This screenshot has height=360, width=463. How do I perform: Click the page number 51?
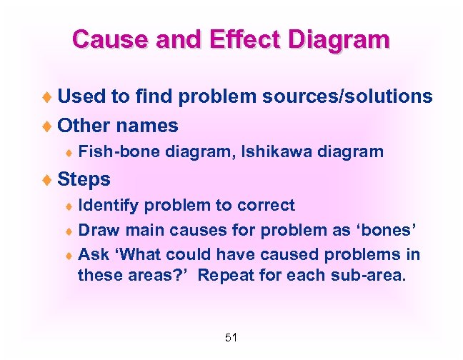231,337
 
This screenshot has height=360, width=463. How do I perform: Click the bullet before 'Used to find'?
49,96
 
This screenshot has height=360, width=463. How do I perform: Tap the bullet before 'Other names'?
49,126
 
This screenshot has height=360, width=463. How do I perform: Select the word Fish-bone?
119,151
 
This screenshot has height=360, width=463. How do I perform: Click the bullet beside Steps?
49,179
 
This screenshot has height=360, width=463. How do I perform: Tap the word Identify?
109,206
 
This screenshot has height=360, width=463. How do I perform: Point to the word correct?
267,206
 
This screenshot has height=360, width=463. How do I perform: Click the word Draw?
98,230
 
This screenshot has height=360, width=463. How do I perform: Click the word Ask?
92,254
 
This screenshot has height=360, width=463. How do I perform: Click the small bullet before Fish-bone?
68,152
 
